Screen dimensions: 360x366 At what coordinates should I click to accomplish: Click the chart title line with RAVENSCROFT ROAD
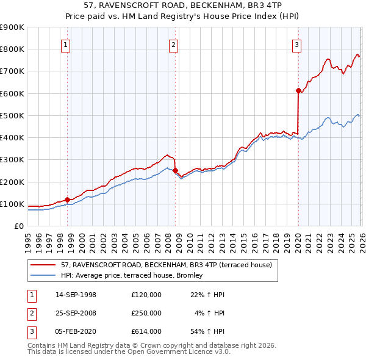point(182,6)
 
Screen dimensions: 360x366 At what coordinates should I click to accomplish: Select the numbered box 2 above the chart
point(174,44)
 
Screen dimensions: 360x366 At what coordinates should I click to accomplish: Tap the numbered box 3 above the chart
point(296,44)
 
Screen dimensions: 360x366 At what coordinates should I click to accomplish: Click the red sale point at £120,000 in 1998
point(67,199)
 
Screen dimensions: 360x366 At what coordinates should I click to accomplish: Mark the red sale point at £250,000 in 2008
point(175,170)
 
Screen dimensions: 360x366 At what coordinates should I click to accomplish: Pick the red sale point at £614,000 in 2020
point(298,90)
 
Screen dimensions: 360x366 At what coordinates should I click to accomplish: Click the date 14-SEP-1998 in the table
point(76,295)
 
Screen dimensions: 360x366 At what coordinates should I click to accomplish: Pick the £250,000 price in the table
point(146,313)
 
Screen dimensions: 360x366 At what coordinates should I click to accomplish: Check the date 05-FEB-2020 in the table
point(76,331)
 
